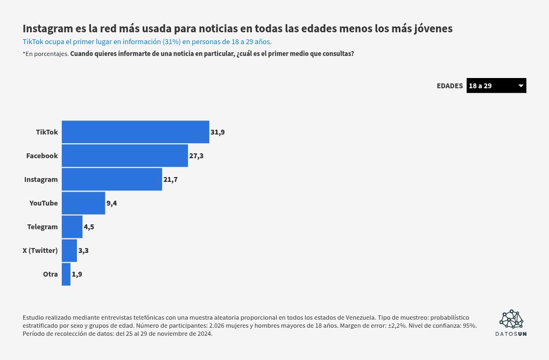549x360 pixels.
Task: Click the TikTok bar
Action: [136, 132]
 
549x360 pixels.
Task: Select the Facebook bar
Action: [125, 156]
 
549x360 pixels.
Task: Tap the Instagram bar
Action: [112, 179]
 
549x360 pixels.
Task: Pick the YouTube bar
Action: [83, 203]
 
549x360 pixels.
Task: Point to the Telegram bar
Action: [72, 227]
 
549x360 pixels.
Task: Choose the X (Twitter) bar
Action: [69, 250]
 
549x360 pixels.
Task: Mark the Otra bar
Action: [66, 274]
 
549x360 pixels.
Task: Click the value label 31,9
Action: [217, 132]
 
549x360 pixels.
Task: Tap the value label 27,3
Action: [196, 156]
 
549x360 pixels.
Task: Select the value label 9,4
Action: [112, 203]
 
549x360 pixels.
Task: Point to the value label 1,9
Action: [77, 274]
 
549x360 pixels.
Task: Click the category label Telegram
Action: [43, 227]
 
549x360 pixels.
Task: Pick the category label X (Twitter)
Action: [40, 250]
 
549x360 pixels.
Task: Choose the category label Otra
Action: [51, 274]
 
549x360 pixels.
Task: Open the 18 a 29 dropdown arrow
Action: [520, 86]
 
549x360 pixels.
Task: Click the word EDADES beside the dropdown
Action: [449, 86]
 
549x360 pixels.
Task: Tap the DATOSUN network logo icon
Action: [511, 319]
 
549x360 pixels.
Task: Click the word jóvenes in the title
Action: [433, 29]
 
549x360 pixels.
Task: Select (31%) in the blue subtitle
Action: [172, 41]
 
